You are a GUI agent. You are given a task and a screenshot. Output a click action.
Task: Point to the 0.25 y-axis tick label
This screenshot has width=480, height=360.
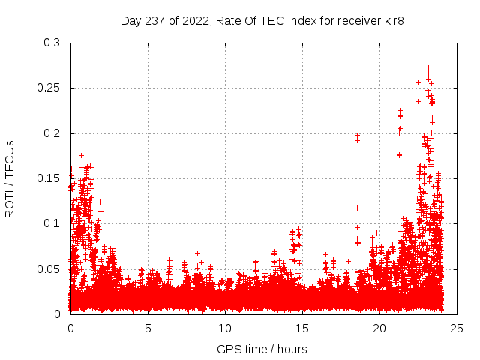pos(49,88)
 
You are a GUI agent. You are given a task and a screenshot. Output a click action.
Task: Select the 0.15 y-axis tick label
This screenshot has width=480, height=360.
pos(49,178)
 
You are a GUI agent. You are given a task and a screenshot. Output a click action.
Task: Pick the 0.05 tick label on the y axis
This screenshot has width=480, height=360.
pos(49,268)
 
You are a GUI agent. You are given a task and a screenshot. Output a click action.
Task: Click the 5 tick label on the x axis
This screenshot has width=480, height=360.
pos(148,328)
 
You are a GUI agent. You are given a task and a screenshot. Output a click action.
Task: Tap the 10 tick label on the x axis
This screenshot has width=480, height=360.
pos(225,328)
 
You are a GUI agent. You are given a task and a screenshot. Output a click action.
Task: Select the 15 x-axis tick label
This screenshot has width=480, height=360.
pos(302,328)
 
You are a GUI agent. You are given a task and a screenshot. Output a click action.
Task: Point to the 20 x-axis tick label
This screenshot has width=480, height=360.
pos(379,328)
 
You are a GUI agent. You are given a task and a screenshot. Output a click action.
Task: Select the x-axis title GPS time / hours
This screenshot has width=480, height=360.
pos(262,349)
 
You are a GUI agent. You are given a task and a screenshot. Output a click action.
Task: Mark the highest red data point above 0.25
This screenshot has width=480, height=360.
pos(428,67)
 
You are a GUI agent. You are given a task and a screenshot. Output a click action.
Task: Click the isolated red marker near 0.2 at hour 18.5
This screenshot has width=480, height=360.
pos(357,136)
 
